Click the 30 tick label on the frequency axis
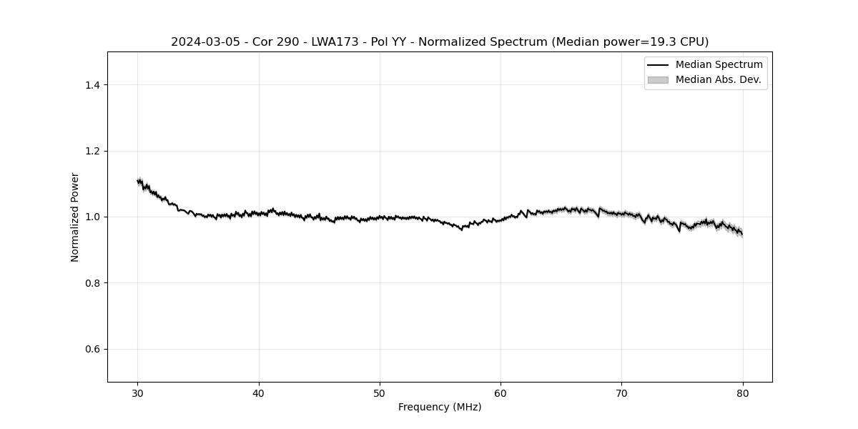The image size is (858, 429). coord(138,393)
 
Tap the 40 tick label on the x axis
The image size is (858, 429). coord(259,393)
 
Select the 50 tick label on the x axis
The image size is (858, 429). coord(380,393)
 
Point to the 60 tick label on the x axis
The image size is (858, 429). coord(500,393)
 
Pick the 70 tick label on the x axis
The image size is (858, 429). coord(621,393)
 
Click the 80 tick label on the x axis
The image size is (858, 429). coord(743,393)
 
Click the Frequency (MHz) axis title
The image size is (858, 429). coord(440,407)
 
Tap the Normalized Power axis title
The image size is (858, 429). coord(75,217)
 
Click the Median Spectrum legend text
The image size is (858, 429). coord(719,65)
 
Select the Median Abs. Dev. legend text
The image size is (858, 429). coord(718,79)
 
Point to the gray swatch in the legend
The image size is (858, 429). coord(658,79)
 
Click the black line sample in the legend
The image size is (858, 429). coord(658,65)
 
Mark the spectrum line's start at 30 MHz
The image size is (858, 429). coord(138,181)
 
